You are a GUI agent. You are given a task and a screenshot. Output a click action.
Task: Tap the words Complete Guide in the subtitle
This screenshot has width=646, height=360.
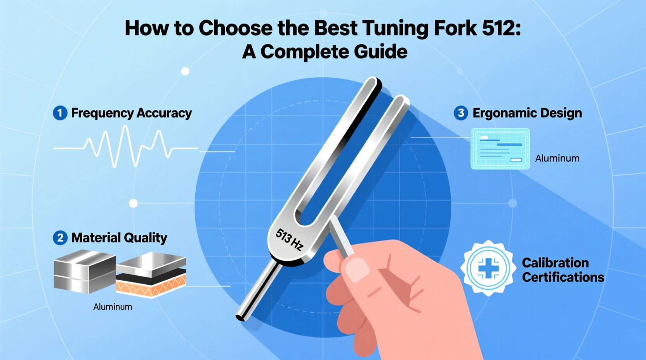(x=334, y=52)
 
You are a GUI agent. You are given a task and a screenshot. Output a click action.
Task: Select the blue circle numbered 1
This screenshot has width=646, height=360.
(x=60, y=113)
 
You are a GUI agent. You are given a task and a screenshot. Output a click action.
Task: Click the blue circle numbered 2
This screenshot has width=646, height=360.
(x=60, y=237)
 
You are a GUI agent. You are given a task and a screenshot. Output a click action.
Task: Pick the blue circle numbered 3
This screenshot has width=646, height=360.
(x=461, y=113)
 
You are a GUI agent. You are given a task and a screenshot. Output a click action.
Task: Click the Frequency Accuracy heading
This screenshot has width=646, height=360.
(x=132, y=113)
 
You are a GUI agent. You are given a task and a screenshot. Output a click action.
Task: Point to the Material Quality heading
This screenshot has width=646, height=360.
(x=119, y=237)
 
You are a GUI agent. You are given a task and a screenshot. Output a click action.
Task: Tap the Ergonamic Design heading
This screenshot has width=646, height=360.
(x=527, y=113)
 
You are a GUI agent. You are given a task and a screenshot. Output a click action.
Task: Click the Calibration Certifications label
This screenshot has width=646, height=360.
(x=563, y=270)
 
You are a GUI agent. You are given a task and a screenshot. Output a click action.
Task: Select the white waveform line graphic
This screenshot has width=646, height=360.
(x=124, y=147)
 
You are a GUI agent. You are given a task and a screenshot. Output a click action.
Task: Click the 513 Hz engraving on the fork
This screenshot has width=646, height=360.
(x=289, y=239)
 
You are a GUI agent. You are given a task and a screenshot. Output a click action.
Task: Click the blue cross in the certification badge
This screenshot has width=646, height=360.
(x=488, y=268)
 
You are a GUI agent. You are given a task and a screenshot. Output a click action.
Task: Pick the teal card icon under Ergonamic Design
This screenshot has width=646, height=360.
(x=500, y=149)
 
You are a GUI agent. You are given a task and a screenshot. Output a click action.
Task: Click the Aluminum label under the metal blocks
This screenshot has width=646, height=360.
(x=113, y=307)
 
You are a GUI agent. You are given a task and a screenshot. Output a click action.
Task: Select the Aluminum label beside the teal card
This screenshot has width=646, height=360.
(x=557, y=158)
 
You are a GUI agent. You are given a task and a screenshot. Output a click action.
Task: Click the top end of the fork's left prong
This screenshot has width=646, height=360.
(x=373, y=82)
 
